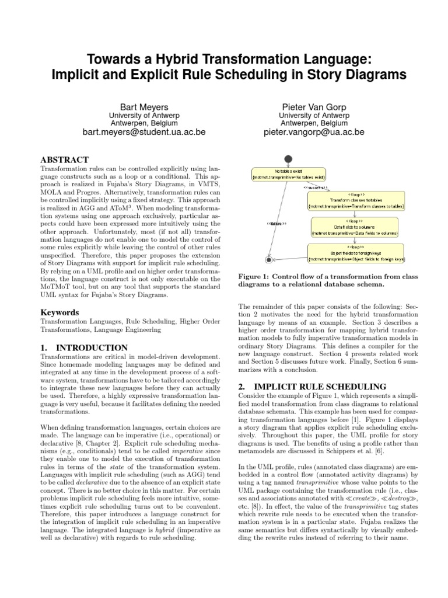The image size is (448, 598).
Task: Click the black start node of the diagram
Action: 288,160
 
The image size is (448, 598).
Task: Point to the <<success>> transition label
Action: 316,188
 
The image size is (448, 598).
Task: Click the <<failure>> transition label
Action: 276,223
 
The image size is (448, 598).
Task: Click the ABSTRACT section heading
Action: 64,159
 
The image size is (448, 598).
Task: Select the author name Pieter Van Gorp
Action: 314,107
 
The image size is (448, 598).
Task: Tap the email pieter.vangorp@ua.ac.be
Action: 314,133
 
